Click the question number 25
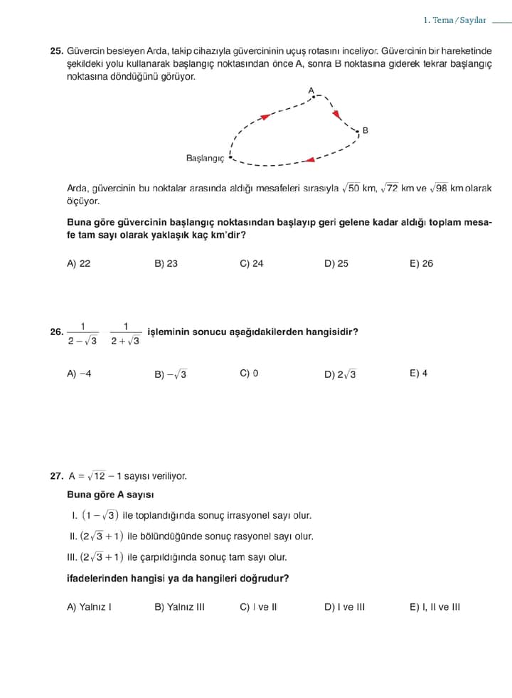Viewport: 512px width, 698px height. (x=56, y=52)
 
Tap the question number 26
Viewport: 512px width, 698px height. (x=56, y=332)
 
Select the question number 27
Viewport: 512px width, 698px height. (x=56, y=476)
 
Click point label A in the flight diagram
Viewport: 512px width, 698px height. (x=311, y=90)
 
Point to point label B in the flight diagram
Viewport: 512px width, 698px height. (x=365, y=130)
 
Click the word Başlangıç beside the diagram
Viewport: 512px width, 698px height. (x=205, y=158)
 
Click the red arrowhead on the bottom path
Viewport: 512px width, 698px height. (x=309, y=159)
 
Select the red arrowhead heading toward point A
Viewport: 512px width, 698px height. (x=265, y=115)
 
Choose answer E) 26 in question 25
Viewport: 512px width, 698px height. (x=421, y=263)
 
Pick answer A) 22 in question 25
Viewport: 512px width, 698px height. (x=79, y=263)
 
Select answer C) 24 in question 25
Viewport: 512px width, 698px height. (x=252, y=263)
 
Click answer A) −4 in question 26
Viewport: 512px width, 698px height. (x=79, y=373)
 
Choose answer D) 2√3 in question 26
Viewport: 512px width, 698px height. (x=340, y=374)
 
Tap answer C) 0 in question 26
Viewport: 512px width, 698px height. (x=249, y=373)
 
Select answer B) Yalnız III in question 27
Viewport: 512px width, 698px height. (x=179, y=607)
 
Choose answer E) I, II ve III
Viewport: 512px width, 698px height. (x=434, y=607)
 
